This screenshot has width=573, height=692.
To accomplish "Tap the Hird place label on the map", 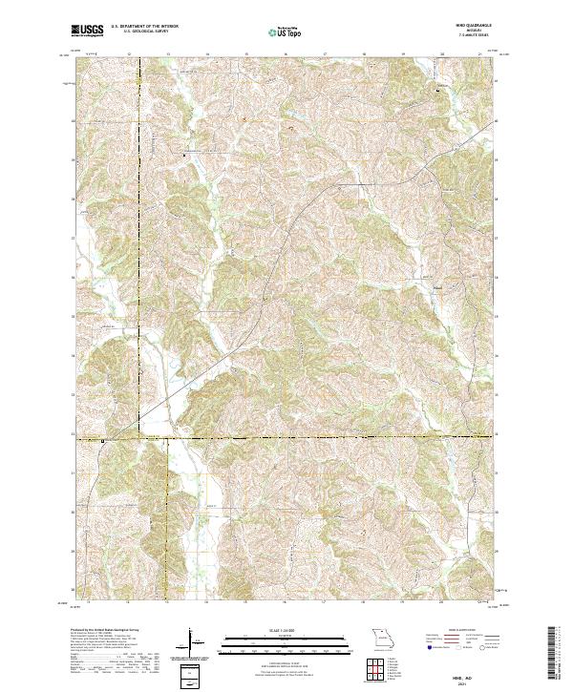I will coord(436,285).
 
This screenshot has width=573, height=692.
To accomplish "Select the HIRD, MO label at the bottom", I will coord(461,674).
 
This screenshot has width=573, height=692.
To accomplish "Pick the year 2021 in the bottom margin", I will coord(461,682).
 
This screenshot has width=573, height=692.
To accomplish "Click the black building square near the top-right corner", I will coord(438,90).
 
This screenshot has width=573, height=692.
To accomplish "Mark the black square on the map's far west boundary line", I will coord(103,440).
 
